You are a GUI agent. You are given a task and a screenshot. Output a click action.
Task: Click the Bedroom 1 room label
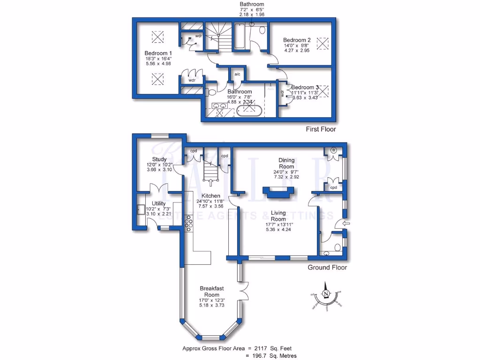[x=158, y=52]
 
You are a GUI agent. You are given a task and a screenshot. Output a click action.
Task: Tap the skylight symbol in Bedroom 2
[x=322, y=44]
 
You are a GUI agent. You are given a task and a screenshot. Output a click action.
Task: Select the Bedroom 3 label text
[x=305, y=87]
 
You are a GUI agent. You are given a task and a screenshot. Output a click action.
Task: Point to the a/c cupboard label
[x=237, y=75]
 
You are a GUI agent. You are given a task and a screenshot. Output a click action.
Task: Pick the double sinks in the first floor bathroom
[x=220, y=106]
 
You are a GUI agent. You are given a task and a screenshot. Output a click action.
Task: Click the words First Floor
[x=321, y=129]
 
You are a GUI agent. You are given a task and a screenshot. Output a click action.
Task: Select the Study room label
[x=159, y=159]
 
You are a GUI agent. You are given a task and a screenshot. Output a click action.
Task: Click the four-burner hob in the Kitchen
[x=189, y=223]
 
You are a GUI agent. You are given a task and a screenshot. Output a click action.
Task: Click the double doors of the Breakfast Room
[x=244, y=291]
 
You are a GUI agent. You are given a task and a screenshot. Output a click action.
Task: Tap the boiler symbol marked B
[x=334, y=150]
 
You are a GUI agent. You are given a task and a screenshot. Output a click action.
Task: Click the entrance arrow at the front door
[x=346, y=224]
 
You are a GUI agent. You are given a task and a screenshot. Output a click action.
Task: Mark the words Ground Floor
[x=327, y=268]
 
